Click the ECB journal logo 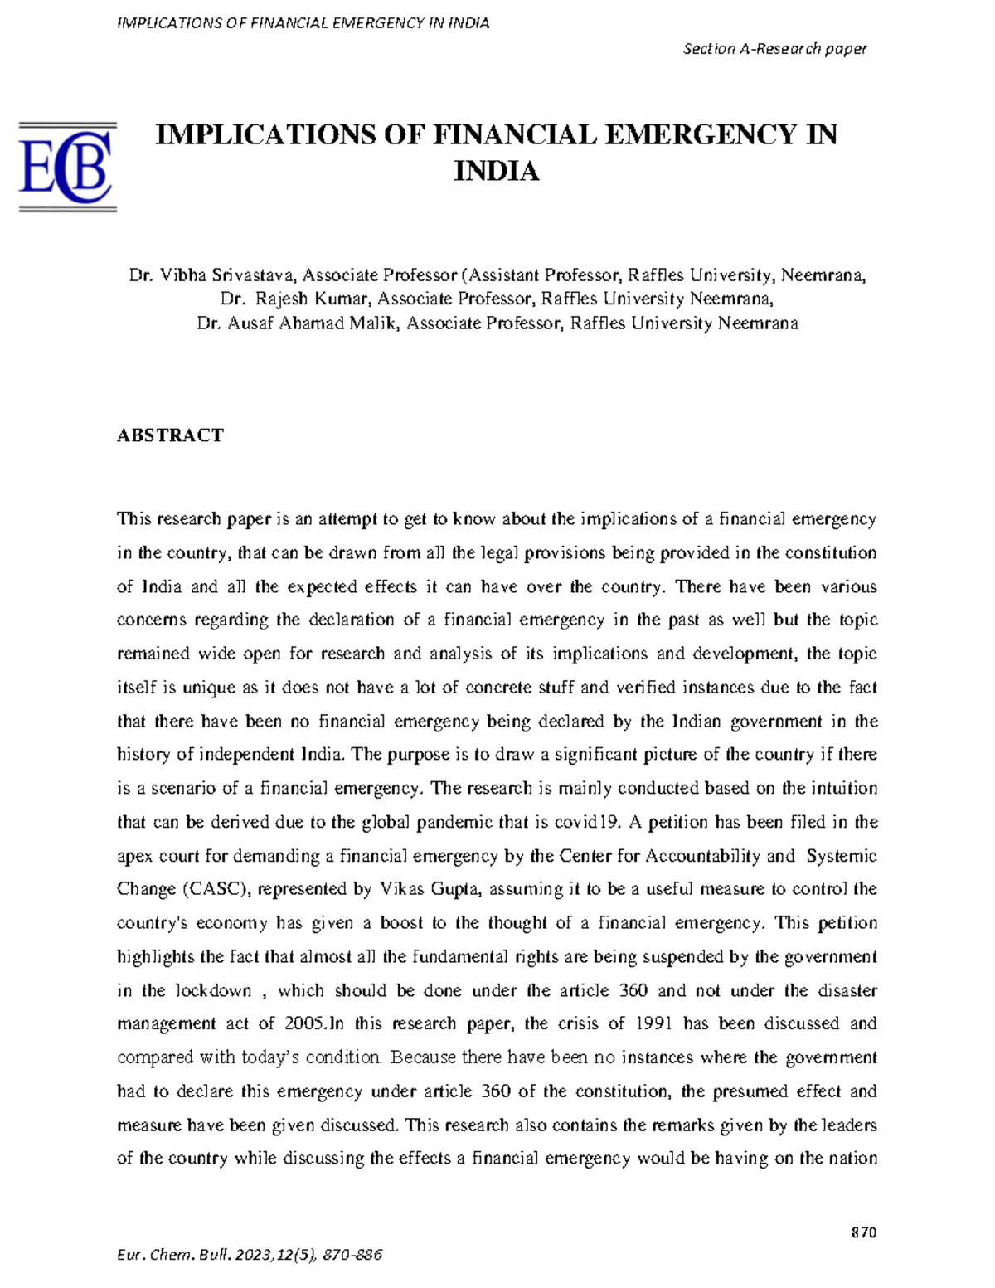coord(67,167)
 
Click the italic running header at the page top coord(303,23)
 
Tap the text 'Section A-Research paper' coord(774,49)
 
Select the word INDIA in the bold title coord(496,172)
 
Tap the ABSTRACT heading coord(170,435)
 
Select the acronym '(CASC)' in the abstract coord(215,890)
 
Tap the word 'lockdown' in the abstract coord(213,991)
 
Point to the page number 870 coord(863,1232)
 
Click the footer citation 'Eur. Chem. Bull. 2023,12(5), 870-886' coord(250,1255)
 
